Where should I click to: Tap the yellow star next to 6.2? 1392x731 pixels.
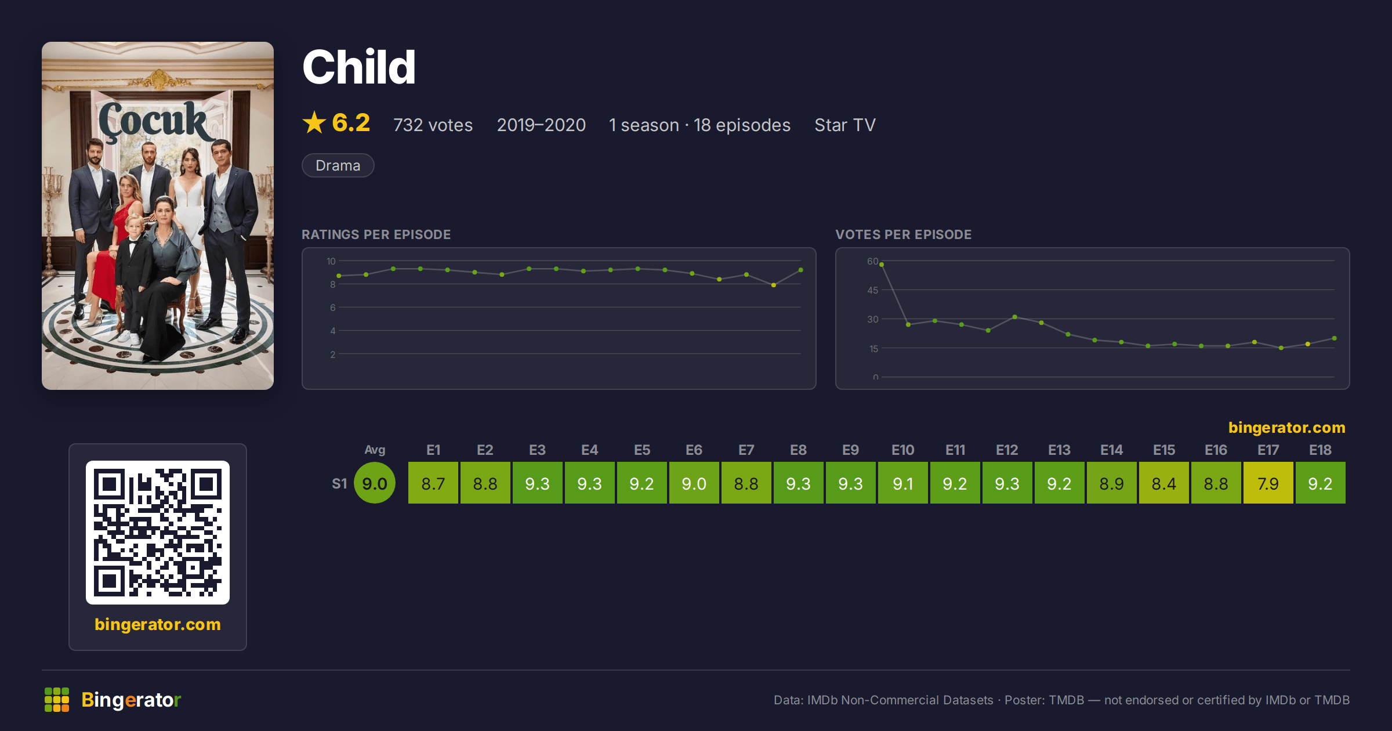click(x=314, y=122)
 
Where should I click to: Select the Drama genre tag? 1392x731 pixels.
click(x=338, y=165)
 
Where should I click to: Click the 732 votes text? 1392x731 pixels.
click(x=433, y=125)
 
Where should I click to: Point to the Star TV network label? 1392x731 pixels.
click(x=845, y=125)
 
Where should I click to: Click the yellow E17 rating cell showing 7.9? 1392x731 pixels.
click(x=1268, y=483)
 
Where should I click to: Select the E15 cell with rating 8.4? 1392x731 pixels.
click(x=1164, y=483)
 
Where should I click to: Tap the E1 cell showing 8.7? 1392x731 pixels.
click(x=433, y=483)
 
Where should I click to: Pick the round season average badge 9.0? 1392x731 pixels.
click(x=375, y=483)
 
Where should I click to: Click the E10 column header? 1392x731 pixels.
click(x=903, y=450)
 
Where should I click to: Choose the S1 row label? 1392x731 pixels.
click(x=339, y=483)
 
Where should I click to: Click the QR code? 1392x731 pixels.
click(x=158, y=533)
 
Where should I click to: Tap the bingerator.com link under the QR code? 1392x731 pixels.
click(x=158, y=624)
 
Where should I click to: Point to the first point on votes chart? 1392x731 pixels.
click(x=882, y=265)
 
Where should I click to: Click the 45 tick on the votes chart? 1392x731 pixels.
click(x=873, y=290)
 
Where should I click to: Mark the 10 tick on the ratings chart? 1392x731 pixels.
click(x=331, y=261)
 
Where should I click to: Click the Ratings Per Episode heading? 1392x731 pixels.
click(x=376, y=234)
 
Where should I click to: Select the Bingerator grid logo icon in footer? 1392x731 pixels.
click(x=57, y=700)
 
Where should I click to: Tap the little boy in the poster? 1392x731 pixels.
click(x=133, y=278)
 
